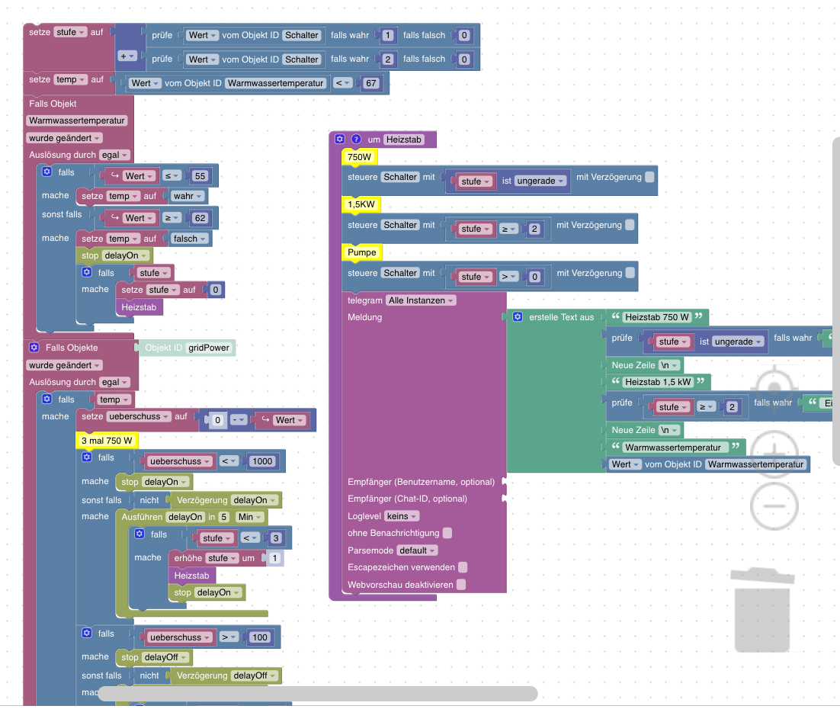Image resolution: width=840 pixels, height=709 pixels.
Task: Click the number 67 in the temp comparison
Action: pos(372,83)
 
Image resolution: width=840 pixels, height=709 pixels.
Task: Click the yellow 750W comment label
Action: pos(360,157)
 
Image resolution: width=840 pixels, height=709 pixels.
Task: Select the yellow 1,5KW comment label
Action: pos(361,205)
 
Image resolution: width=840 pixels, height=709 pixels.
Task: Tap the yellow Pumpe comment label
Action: pos(362,252)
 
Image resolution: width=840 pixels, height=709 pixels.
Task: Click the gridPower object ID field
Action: pos(209,348)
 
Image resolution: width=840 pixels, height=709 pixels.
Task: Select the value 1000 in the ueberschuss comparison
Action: pos(261,461)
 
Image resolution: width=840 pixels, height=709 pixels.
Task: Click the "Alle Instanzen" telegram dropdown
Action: pos(421,300)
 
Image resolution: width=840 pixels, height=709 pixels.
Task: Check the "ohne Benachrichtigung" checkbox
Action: pos(447,533)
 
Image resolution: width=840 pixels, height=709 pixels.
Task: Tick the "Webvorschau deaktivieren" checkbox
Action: pos(460,585)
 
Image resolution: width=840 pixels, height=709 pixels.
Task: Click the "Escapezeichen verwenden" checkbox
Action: pos(463,567)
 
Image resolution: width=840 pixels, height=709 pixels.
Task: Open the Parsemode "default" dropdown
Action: pos(418,550)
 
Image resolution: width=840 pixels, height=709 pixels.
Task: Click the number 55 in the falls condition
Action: pos(200,176)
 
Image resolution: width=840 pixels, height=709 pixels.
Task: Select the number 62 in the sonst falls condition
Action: pos(200,218)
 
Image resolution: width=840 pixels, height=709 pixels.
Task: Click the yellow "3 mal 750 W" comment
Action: pos(107,441)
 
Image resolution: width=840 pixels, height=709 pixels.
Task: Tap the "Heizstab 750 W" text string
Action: pos(656,317)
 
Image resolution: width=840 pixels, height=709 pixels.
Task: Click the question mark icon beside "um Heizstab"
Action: pos(355,140)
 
